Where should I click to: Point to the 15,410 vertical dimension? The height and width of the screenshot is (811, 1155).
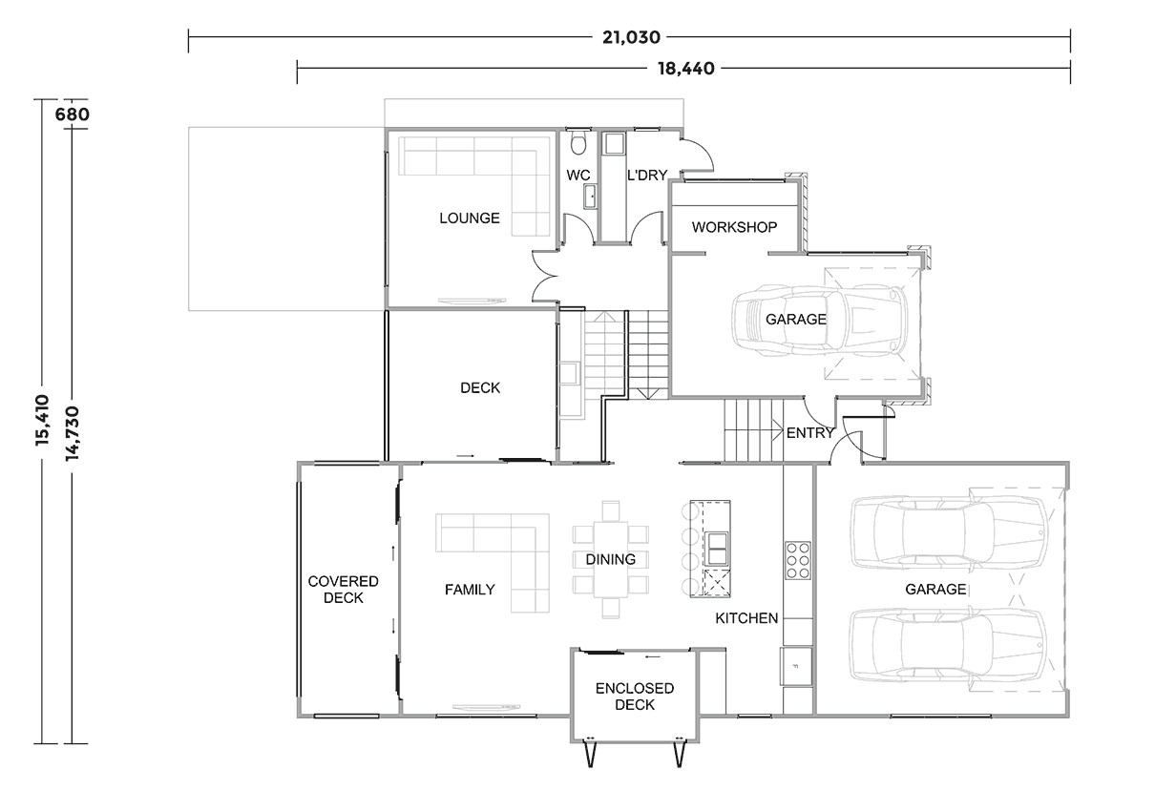(x=42, y=421)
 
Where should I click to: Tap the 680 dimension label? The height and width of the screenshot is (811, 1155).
(x=73, y=114)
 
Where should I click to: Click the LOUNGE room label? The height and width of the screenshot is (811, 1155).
(x=469, y=218)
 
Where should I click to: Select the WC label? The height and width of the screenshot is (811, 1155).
(x=578, y=176)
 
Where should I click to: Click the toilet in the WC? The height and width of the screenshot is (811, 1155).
(x=577, y=144)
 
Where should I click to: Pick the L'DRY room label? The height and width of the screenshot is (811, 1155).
(x=646, y=176)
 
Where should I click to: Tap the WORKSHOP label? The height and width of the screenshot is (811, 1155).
(x=734, y=227)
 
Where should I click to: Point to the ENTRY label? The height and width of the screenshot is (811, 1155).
(x=810, y=432)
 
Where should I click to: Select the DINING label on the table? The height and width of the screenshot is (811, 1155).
(x=610, y=559)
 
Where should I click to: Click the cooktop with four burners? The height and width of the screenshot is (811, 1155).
(x=797, y=561)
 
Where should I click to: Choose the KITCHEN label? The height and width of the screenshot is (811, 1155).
(x=746, y=618)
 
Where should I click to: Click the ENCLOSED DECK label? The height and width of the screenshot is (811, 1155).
(x=634, y=697)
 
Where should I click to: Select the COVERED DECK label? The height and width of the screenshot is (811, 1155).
(x=343, y=590)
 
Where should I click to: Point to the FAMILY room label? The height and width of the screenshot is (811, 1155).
(x=470, y=590)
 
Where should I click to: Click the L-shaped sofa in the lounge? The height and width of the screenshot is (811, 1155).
(x=477, y=177)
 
